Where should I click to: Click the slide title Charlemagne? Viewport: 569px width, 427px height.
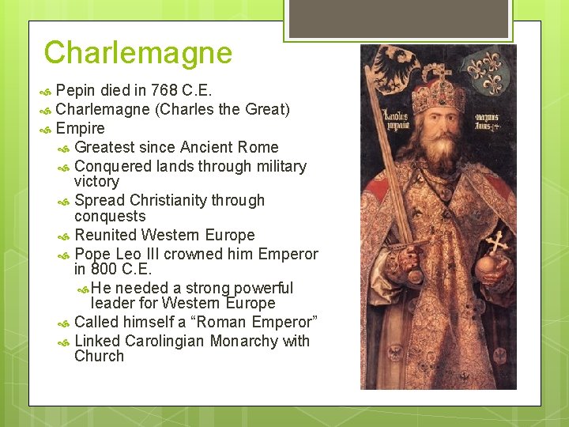click(138, 53)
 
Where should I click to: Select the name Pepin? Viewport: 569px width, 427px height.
click(77, 89)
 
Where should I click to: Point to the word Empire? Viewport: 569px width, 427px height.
click(81, 128)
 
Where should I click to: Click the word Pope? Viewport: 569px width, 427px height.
click(92, 254)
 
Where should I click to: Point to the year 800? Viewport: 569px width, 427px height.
click(104, 269)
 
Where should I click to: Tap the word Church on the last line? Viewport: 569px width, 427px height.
click(99, 356)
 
